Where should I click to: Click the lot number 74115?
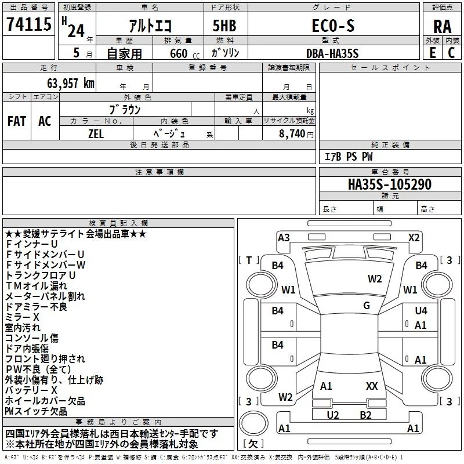tap(29, 24)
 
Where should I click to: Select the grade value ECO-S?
tap(333, 26)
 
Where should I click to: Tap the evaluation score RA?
tap(442, 27)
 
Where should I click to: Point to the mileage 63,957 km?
tap(71, 83)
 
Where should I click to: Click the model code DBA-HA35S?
tap(332, 53)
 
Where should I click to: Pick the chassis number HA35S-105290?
tap(390, 184)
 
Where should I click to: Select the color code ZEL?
tap(96, 134)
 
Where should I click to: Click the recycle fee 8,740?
tap(292, 133)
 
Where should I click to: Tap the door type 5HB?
tap(224, 26)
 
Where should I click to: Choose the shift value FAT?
tap(17, 121)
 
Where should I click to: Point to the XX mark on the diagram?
tap(372, 386)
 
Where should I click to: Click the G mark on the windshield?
tap(367, 306)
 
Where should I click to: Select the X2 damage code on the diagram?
tap(414, 238)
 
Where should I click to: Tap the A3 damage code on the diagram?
tap(284, 238)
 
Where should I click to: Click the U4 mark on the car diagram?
tap(421, 310)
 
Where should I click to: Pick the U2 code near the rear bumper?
tap(332, 415)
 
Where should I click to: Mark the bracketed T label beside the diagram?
tap(249, 260)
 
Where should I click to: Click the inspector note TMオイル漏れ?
tap(37, 285)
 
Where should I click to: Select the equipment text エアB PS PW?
tap(349, 157)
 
